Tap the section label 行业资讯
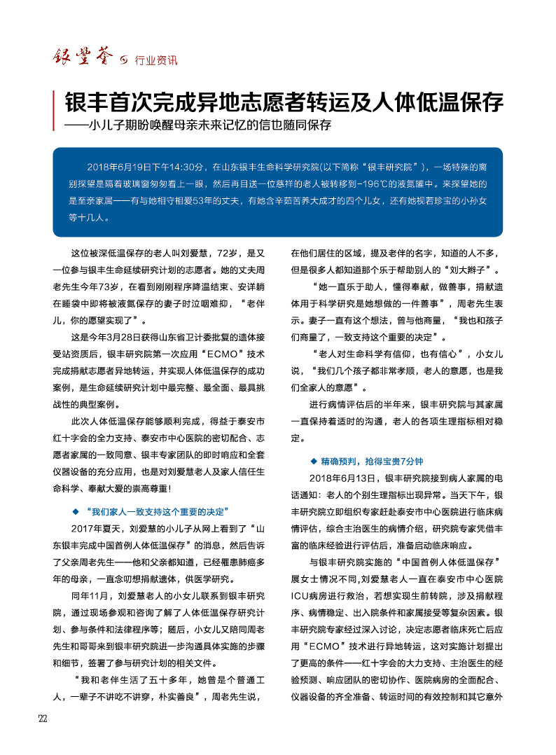click(156, 60)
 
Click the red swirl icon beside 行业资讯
click(125, 60)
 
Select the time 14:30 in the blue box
click(188, 168)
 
